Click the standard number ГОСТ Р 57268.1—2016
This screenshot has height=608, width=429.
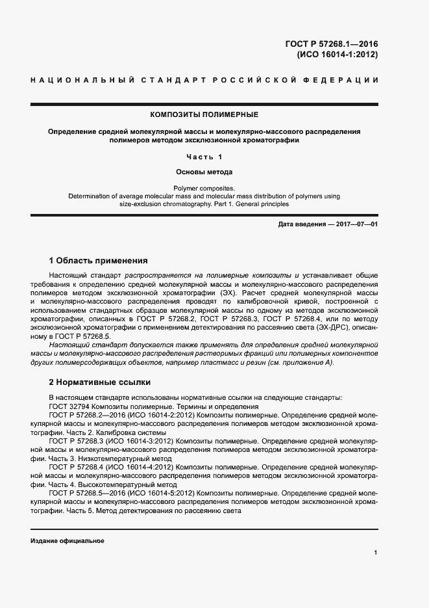pyautogui.click(x=331, y=44)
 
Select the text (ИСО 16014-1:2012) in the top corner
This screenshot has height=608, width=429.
pyautogui.click(x=337, y=55)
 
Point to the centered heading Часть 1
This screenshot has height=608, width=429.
pyautogui.click(x=204, y=157)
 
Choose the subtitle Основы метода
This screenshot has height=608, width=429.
pyautogui.click(x=204, y=172)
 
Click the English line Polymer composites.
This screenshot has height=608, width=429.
pyautogui.click(x=204, y=188)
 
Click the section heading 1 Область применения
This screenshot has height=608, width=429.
pyautogui.click(x=99, y=260)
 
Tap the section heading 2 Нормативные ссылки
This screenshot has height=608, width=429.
pyautogui.click(x=100, y=382)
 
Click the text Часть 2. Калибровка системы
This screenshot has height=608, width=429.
pyautogui.click(x=116, y=432)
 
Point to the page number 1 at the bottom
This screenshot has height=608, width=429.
pyautogui.click(x=376, y=553)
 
